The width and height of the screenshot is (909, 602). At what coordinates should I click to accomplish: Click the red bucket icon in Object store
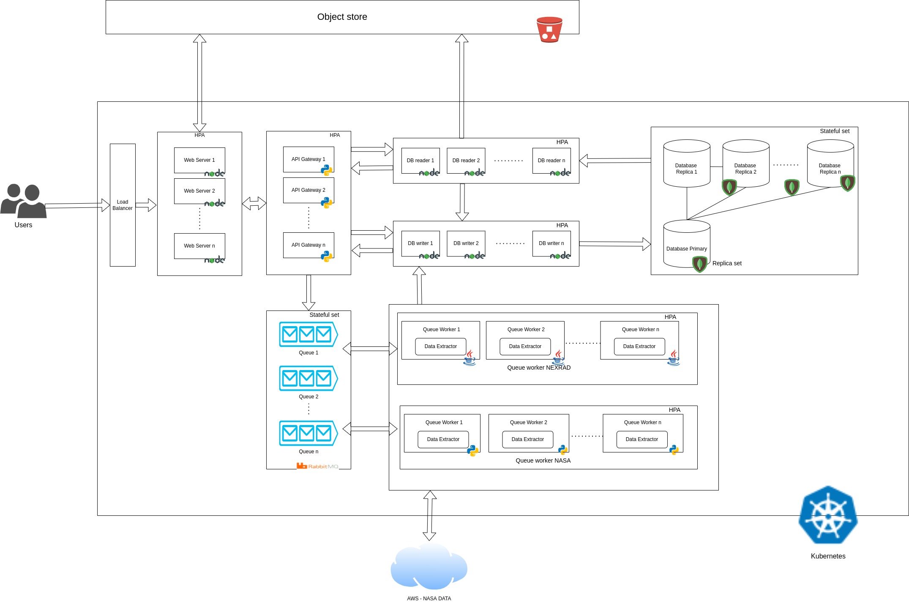click(x=549, y=30)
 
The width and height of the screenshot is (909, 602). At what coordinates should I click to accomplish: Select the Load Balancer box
click(x=123, y=205)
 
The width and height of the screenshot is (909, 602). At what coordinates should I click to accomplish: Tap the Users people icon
click(x=24, y=201)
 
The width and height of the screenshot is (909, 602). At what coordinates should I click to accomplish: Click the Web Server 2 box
click(x=199, y=191)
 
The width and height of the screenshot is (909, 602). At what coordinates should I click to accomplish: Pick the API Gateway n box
click(x=308, y=245)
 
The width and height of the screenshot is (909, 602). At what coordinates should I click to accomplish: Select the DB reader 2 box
click(x=466, y=161)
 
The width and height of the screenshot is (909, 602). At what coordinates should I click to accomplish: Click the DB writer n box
click(x=551, y=243)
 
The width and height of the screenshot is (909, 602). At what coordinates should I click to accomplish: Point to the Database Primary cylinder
click(x=686, y=244)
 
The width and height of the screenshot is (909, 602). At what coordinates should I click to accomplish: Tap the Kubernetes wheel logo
click(x=828, y=515)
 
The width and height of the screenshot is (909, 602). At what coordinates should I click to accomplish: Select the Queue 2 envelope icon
click(x=308, y=378)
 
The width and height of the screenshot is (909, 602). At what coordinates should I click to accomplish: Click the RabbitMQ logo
click(x=317, y=466)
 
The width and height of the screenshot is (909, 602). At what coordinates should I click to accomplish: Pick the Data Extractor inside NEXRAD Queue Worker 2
click(x=525, y=346)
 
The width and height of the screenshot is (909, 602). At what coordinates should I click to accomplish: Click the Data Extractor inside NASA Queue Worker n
click(x=641, y=439)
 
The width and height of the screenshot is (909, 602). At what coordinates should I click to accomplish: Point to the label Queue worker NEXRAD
click(x=538, y=368)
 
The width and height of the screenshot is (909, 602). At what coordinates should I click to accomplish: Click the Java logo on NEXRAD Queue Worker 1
click(x=470, y=358)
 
